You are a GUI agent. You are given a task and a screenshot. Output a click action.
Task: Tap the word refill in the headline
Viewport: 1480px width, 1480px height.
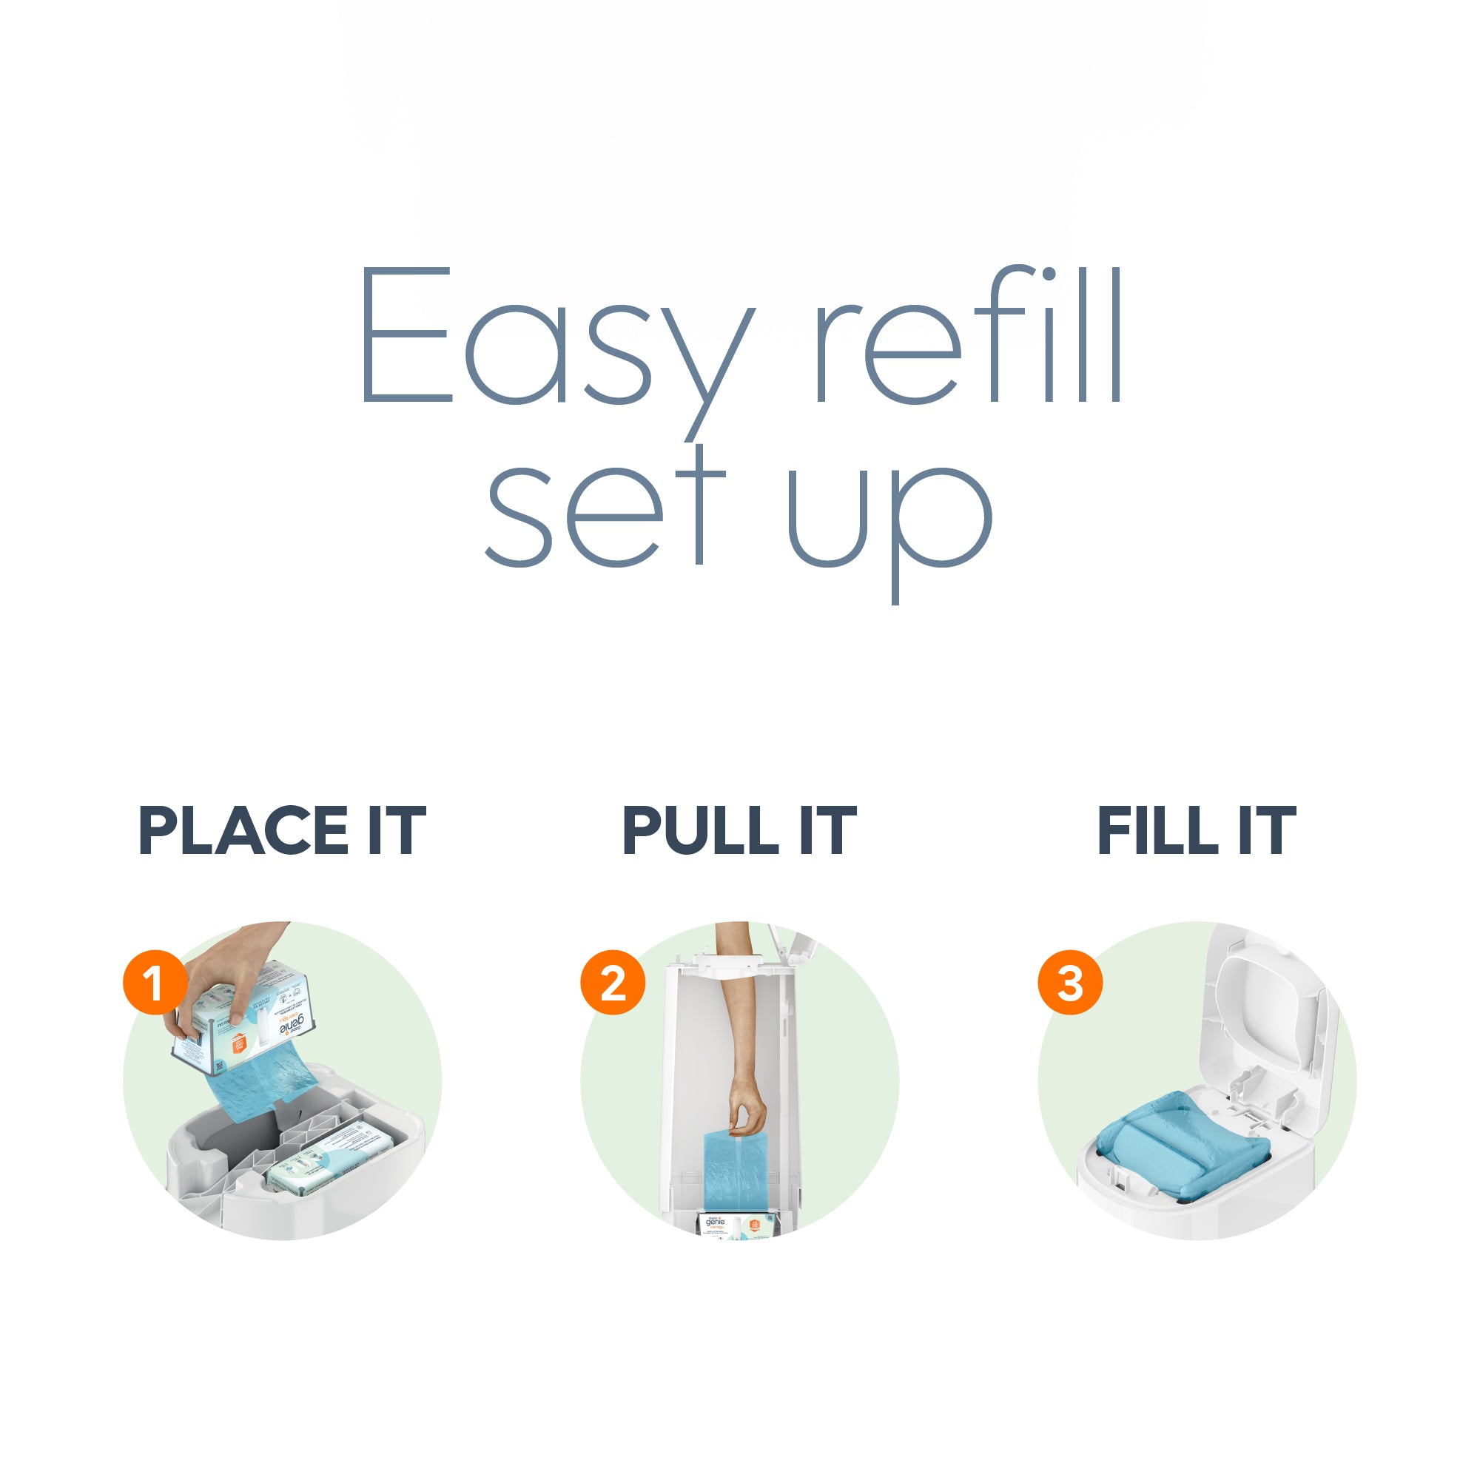(x=969, y=337)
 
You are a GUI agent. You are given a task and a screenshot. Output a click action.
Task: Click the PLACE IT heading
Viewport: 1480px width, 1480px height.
(x=282, y=831)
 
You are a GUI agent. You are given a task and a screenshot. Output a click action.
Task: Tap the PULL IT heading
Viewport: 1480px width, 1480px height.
(x=739, y=831)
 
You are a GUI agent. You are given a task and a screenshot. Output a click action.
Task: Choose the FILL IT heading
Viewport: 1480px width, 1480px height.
(x=1197, y=831)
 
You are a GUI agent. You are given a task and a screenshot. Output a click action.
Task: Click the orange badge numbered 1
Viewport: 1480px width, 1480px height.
(x=155, y=982)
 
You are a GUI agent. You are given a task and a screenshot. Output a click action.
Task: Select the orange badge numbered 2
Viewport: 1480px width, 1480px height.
(x=612, y=982)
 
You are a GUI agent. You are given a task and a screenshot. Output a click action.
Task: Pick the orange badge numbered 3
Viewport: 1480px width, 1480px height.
(x=1070, y=982)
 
